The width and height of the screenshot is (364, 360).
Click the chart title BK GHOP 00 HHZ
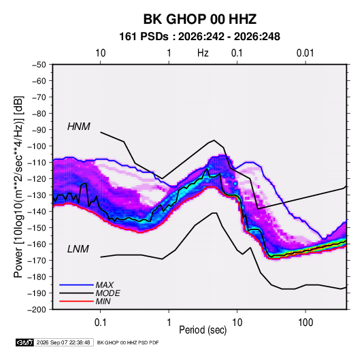pyautogui.click(x=200, y=19)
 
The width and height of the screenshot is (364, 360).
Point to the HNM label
pyautogui.click(x=79, y=127)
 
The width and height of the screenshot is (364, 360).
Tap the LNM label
pyautogui.click(x=78, y=249)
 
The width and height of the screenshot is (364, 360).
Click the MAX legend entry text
pyautogui.click(x=105, y=285)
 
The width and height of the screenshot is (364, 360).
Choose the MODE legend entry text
pyautogui.click(x=107, y=293)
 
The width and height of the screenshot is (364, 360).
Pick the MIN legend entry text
pyautogui.click(x=103, y=301)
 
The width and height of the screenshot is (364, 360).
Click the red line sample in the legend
pyautogui.click(x=76, y=301)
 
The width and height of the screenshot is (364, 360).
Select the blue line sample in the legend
pyautogui.click(x=76, y=285)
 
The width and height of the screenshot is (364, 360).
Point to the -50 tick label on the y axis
pyautogui.click(x=39, y=65)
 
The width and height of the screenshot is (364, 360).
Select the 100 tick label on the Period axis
pyautogui.click(x=305, y=323)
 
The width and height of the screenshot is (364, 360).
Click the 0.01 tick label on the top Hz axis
pyautogui.click(x=305, y=53)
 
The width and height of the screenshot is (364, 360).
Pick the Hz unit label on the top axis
pyautogui.click(x=203, y=53)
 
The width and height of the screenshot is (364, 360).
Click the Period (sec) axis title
pyautogui.click(x=203, y=330)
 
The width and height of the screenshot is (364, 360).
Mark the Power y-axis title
pyautogui.click(x=18, y=187)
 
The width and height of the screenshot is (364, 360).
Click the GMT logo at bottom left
pyautogui.click(x=25, y=342)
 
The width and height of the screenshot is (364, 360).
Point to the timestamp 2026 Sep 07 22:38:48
pyautogui.click(x=63, y=342)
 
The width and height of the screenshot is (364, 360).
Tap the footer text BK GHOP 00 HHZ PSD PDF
pyautogui.click(x=128, y=342)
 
